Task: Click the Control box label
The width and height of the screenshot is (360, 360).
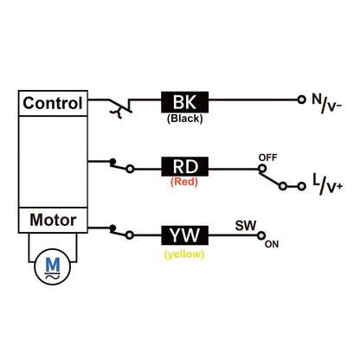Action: (x=53, y=104)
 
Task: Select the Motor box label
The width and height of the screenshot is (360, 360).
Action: (x=53, y=220)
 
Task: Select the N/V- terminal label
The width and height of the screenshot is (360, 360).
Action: (x=326, y=104)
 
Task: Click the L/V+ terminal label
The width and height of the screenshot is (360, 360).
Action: (x=326, y=181)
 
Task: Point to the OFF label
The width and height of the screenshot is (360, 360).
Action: (x=267, y=156)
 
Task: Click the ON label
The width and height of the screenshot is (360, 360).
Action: (x=272, y=244)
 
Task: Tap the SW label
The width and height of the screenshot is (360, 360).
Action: (x=245, y=225)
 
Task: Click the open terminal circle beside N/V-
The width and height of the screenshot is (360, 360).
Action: (x=300, y=101)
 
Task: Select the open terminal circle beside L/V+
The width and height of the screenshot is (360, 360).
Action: (x=300, y=183)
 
